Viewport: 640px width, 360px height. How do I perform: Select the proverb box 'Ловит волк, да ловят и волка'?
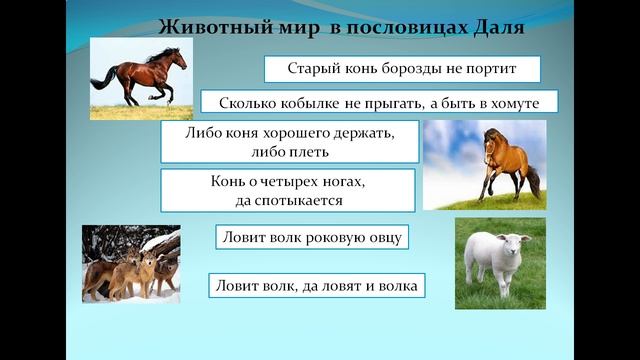point(317,285)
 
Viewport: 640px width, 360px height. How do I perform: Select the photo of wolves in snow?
point(130,263)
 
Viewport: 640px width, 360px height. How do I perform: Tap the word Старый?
point(309,69)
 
